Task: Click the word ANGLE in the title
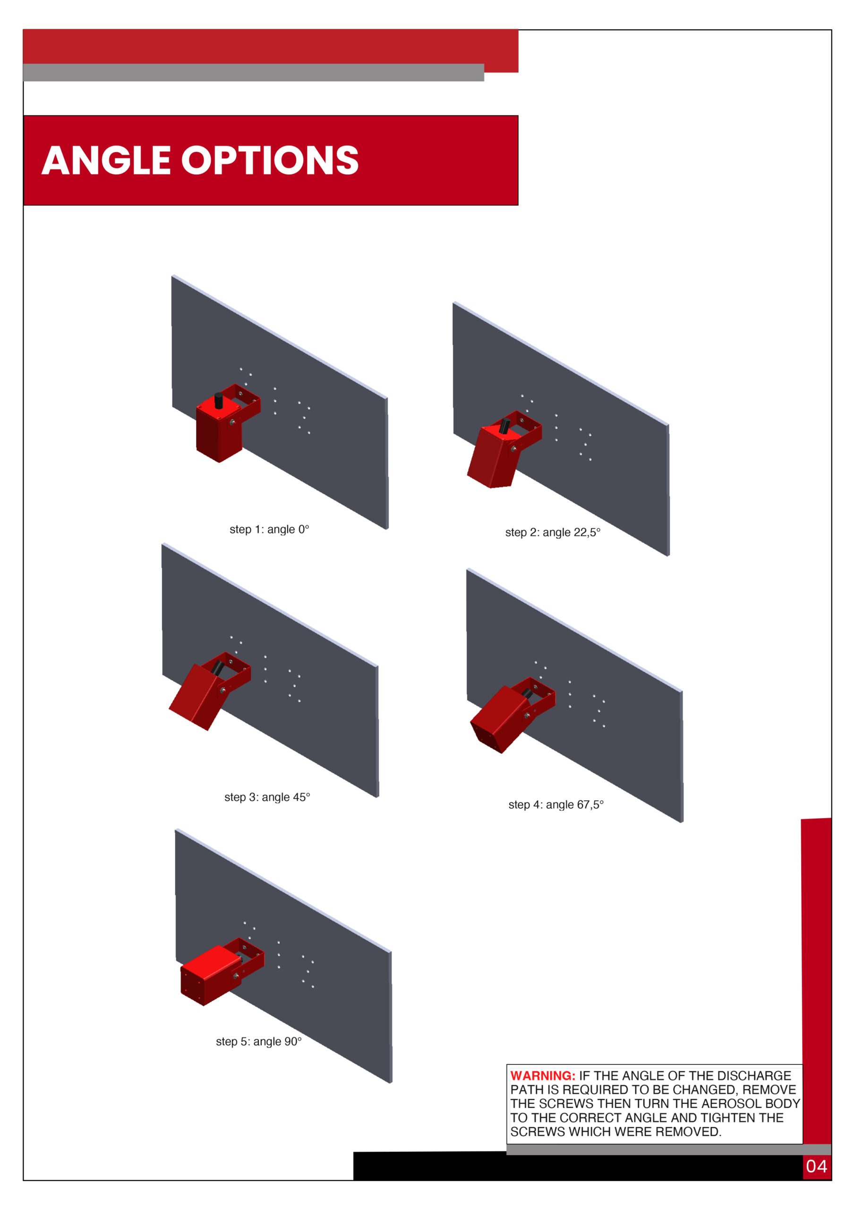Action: (x=106, y=160)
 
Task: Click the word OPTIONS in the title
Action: (x=270, y=160)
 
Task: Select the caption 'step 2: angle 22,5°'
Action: (x=553, y=533)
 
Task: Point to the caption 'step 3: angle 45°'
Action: (x=267, y=797)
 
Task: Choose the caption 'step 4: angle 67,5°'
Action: (x=556, y=805)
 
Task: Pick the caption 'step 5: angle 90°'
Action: (x=259, y=1041)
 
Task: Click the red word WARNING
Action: (x=543, y=1076)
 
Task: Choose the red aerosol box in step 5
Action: (x=211, y=975)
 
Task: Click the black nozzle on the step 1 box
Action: (x=219, y=400)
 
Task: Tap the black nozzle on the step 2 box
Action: (x=504, y=426)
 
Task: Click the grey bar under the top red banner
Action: (x=253, y=73)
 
